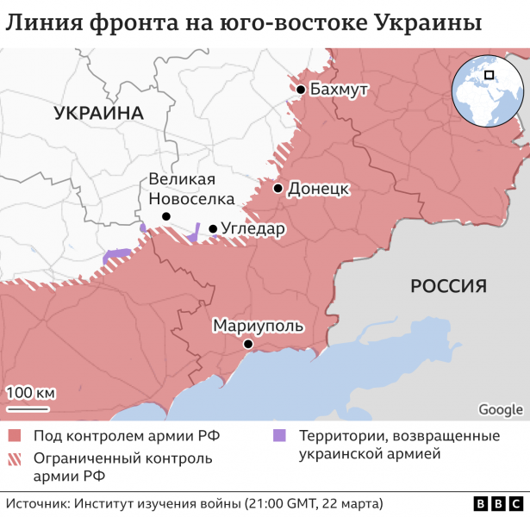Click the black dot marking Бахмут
pos(300,90)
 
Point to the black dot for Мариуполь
pos(247,344)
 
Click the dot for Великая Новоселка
pos(165,216)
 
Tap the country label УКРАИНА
pos(97,113)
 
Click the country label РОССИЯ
pos(448,286)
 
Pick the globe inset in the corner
pos(485,90)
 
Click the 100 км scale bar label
pos(30,393)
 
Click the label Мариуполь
pos(258,326)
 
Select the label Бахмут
pos(338,90)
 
